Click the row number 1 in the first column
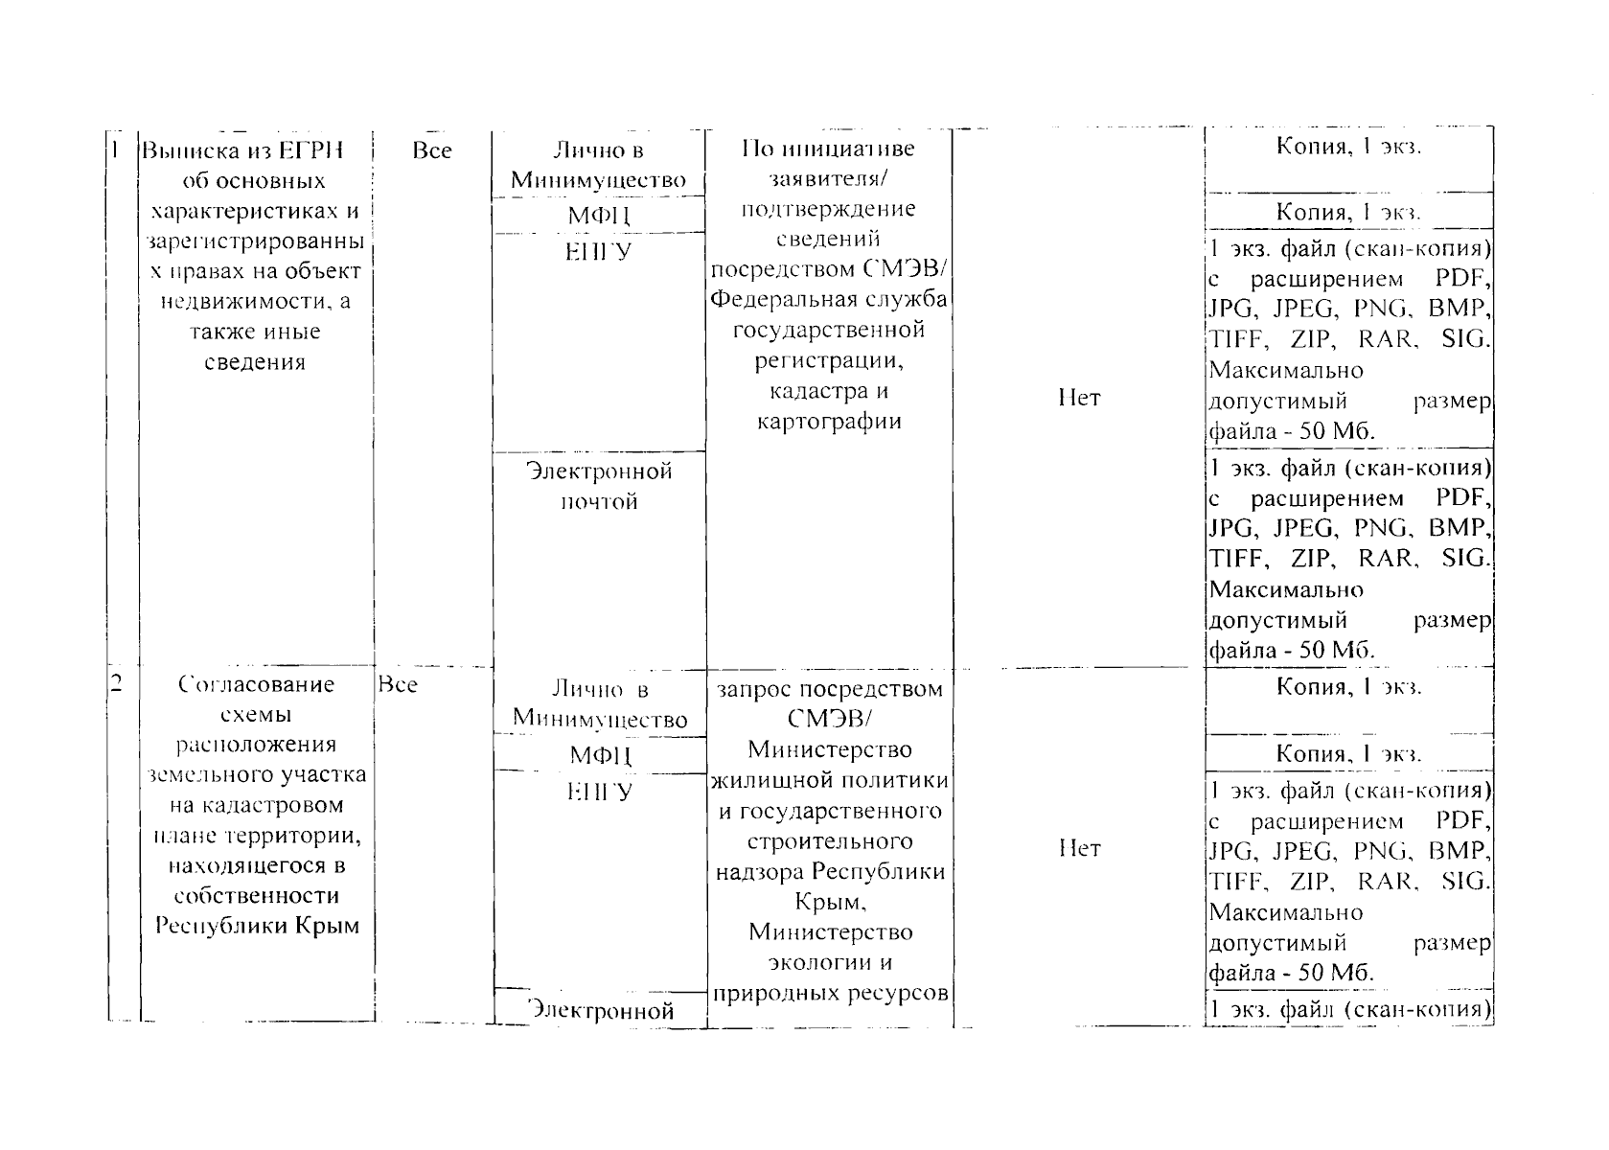[114, 150]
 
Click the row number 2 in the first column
[115, 683]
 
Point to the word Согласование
[256, 684]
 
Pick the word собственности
[256, 896]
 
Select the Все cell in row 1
[431, 150]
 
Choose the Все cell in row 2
[398, 684]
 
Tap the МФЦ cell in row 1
[599, 215]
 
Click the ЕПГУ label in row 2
[599, 793]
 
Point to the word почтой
[599, 502]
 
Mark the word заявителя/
[829, 179]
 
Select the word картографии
[829, 422]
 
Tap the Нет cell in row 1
[1079, 398]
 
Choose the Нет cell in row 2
[1079, 848]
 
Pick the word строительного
[829, 841]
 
